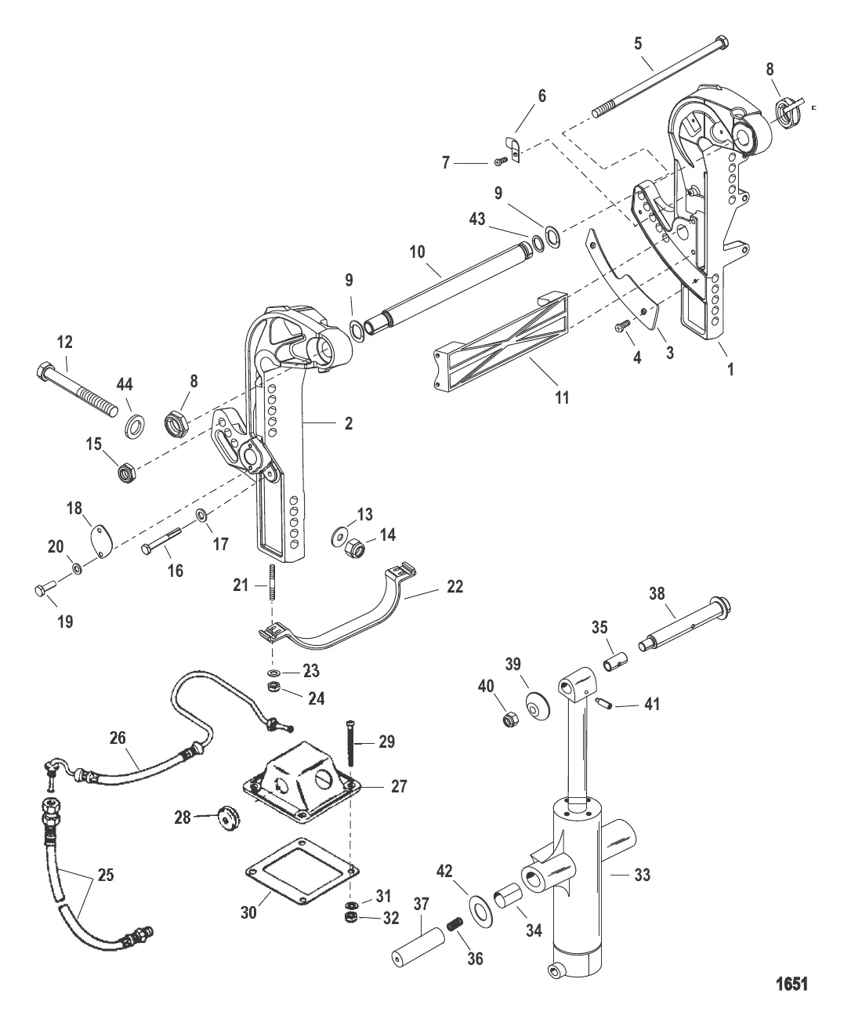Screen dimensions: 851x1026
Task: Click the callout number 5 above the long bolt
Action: [x=638, y=43]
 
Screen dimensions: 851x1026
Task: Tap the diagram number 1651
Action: [x=791, y=984]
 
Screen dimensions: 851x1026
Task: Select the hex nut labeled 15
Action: [x=129, y=472]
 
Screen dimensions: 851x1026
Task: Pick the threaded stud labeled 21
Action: [x=272, y=582]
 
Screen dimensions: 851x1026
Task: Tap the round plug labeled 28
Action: [x=229, y=818]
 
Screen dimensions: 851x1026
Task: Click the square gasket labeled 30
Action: [x=302, y=872]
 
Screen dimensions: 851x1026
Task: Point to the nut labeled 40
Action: [x=511, y=720]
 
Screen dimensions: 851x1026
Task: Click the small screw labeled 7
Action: [x=502, y=161]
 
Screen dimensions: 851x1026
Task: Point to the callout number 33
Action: [x=643, y=875]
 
